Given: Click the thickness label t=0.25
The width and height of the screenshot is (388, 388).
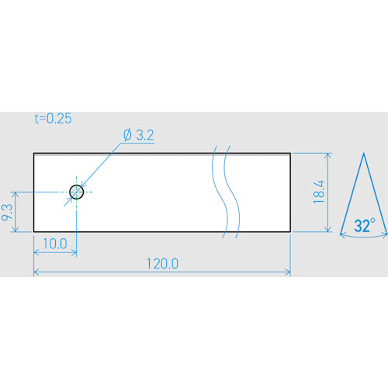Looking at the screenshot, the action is [x=53, y=119].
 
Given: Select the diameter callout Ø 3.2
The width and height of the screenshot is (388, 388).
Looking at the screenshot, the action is [x=139, y=135].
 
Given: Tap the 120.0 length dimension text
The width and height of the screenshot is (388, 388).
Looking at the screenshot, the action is [x=162, y=264].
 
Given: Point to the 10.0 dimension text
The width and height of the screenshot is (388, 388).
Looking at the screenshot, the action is [x=55, y=244].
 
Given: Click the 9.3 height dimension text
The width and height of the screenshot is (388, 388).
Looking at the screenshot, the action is [x=7, y=212].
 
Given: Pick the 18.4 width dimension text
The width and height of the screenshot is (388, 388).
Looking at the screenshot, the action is [x=318, y=192].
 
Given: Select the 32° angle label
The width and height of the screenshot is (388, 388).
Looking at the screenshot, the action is [x=365, y=225].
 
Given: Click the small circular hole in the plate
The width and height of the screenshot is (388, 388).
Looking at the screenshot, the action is [x=77, y=192].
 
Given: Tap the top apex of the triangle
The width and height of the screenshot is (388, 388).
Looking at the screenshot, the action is [x=363, y=153].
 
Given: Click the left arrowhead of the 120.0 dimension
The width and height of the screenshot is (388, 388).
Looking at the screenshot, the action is [x=36, y=272].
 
